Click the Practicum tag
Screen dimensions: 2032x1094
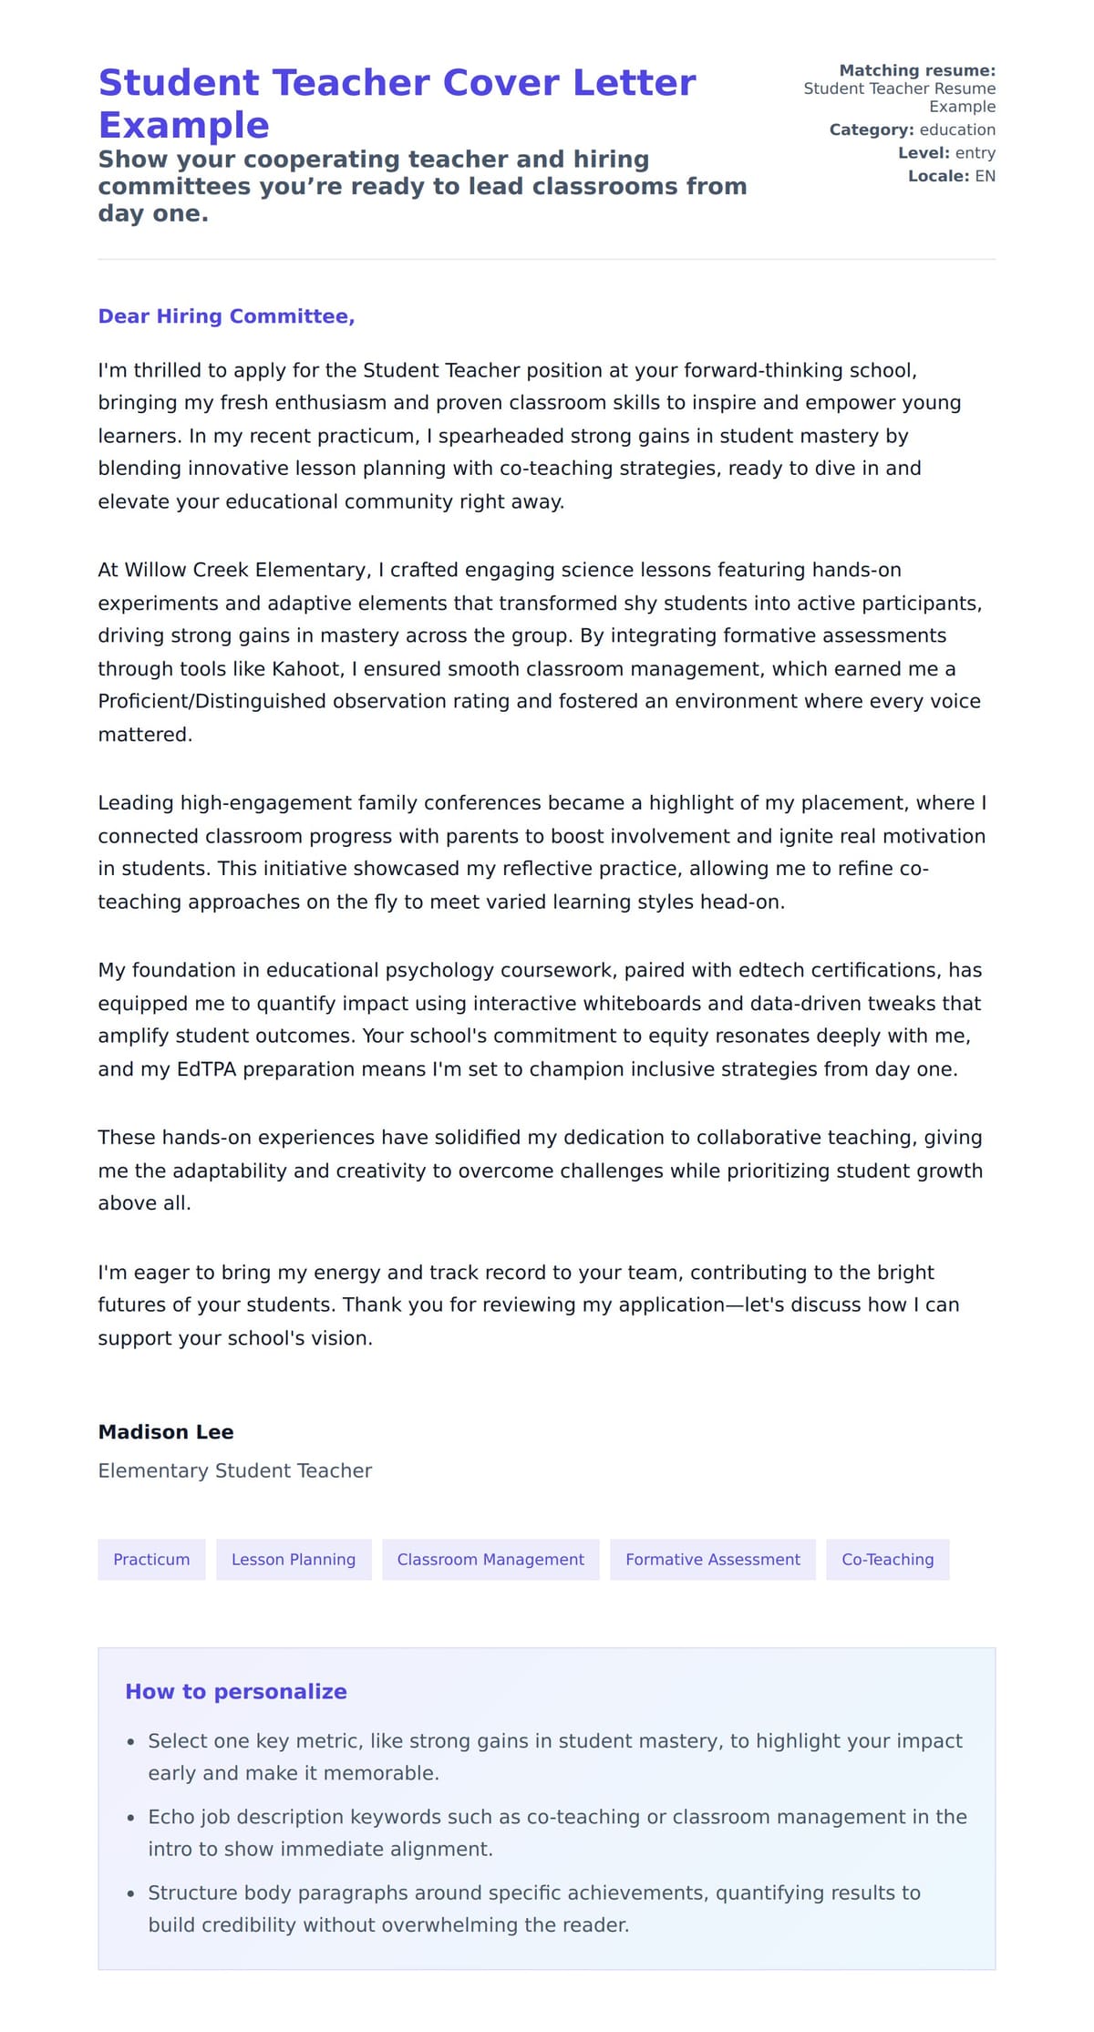point(151,1559)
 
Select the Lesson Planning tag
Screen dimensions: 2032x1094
point(294,1559)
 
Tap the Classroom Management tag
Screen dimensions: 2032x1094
point(490,1559)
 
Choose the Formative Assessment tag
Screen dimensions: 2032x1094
point(712,1559)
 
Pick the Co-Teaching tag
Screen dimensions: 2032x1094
point(887,1559)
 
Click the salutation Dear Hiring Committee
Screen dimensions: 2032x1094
point(226,316)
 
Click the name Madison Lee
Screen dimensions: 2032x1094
point(166,1432)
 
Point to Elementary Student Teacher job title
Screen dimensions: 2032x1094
point(235,1470)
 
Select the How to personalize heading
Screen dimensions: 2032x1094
point(236,1691)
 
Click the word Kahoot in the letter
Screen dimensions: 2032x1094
point(306,669)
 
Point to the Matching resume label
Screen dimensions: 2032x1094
point(916,70)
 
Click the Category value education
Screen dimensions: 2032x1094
point(957,129)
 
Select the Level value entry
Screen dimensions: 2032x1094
point(975,153)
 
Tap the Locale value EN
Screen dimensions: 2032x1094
point(985,176)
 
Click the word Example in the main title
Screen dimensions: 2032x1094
point(183,125)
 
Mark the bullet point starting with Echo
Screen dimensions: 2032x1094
point(557,1832)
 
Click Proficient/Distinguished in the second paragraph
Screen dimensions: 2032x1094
point(212,701)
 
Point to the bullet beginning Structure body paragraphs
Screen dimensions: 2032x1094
point(533,1909)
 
